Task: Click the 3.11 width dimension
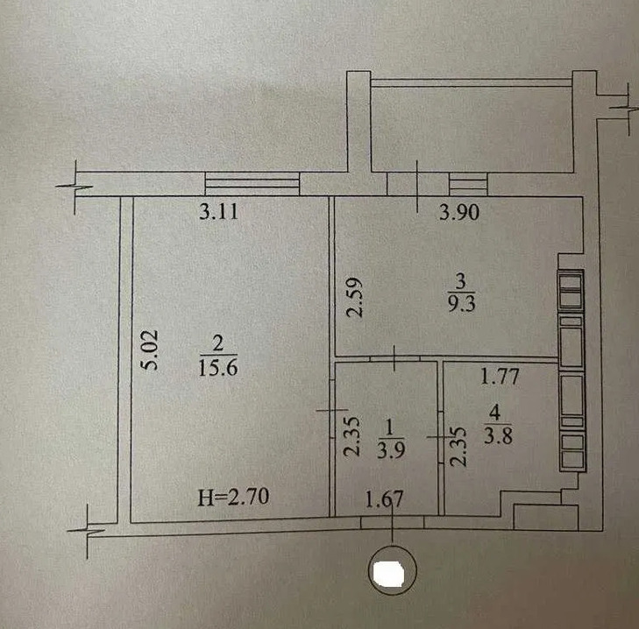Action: click(218, 212)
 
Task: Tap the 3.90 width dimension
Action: click(459, 212)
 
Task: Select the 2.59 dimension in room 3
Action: click(353, 297)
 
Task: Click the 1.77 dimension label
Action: click(500, 377)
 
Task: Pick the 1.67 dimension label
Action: click(384, 499)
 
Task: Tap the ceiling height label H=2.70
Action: click(233, 497)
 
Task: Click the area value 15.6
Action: click(218, 368)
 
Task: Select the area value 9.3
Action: click(462, 304)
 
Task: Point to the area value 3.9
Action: click(390, 450)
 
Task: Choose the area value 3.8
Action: click(498, 436)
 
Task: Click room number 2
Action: click(218, 343)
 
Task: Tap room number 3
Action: click(461, 280)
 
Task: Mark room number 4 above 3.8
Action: click(494, 413)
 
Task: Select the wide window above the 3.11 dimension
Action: click(252, 184)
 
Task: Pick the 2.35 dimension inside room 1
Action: click(351, 436)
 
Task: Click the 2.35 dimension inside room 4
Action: click(458, 447)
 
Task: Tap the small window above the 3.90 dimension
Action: click(468, 184)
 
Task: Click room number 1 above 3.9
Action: click(389, 428)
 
